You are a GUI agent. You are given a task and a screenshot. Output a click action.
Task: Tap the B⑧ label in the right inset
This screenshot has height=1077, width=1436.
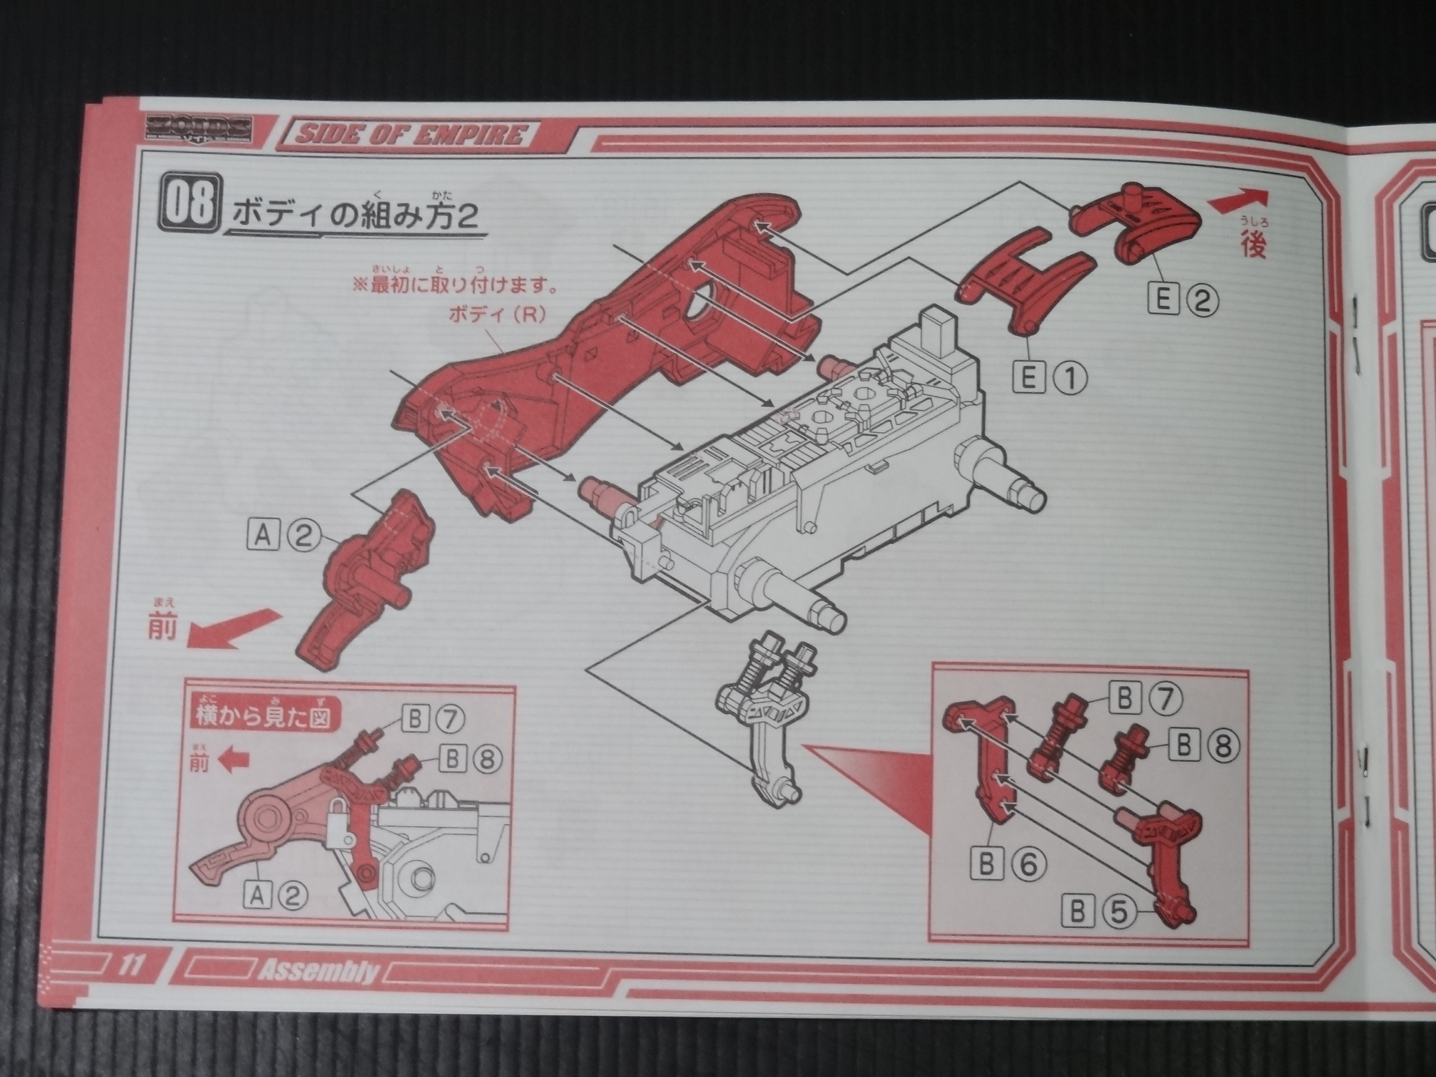point(1204,747)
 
